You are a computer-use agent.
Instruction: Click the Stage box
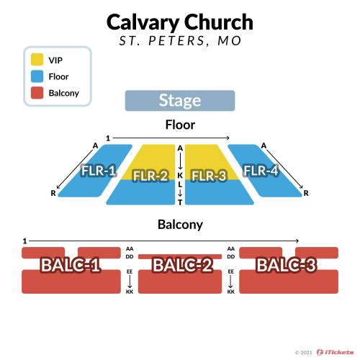pos(180,101)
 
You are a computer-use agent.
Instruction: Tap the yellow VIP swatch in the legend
pos(37,60)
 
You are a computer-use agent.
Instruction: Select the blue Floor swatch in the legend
pos(37,76)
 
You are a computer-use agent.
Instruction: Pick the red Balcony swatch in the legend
pos(37,93)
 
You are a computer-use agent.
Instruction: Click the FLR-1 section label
pos(99,171)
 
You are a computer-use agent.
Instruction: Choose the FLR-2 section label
pos(150,176)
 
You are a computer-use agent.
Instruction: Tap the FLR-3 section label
pos(209,176)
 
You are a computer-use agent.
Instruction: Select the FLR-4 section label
pos(261,171)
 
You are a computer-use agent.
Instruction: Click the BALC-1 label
pos(71,265)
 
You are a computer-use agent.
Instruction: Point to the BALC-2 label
pos(182,265)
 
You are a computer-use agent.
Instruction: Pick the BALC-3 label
pos(287,265)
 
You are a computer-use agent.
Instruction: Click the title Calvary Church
pos(180,22)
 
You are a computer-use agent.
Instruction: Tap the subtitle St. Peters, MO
pos(180,40)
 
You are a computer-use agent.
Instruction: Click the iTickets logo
pos(335,352)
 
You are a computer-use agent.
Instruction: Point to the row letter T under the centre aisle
pos(180,202)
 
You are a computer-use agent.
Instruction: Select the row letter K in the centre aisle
pos(180,176)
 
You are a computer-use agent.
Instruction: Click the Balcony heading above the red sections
pos(180,225)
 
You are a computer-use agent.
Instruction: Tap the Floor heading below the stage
pos(180,125)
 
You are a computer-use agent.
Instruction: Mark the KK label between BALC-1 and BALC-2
pos(130,292)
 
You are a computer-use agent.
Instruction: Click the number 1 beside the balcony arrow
pos(24,241)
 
